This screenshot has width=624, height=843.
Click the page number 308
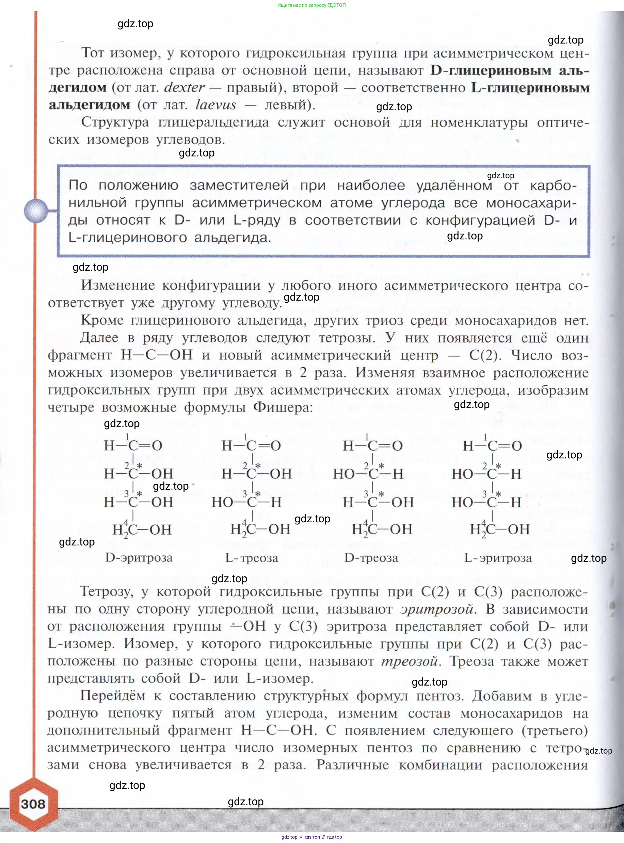click(33, 804)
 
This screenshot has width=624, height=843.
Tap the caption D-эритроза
click(139, 557)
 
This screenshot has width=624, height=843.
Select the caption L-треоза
click(252, 558)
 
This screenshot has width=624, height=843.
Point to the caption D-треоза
click(371, 558)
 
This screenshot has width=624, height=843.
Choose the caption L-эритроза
click(497, 558)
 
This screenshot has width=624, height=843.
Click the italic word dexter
click(184, 87)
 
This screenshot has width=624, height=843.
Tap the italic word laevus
click(216, 104)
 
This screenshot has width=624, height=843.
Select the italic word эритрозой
click(436, 609)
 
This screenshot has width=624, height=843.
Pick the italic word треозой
click(410, 661)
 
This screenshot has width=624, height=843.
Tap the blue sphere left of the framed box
click(36, 210)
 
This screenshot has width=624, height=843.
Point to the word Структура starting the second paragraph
click(115, 122)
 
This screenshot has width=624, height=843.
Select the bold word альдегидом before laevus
click(89, 104)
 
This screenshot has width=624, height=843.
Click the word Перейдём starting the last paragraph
click(113, 696)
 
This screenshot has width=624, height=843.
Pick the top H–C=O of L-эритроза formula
click(492, 446)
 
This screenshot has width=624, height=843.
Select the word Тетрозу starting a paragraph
click(107, 592)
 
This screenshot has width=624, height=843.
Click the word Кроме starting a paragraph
click(102, 320)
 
